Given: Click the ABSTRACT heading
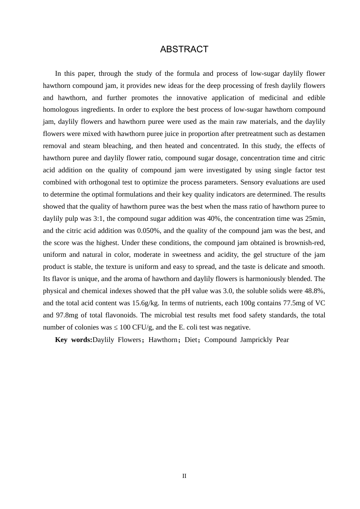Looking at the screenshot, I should coord(184,49).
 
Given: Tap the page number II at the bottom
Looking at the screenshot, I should coord(184,476).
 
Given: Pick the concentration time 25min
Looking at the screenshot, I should coord(315,219).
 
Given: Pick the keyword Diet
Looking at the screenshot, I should coord(191,340).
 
